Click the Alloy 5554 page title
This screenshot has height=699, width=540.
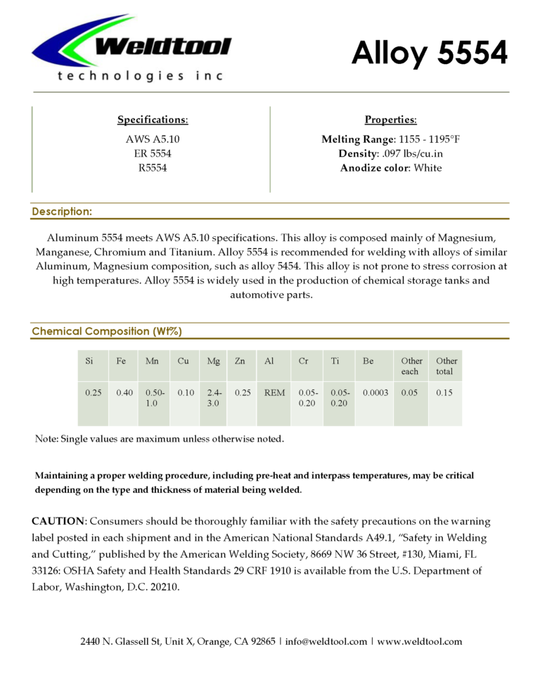[429, 53]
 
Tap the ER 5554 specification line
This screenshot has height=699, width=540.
[153, 153]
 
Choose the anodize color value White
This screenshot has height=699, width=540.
[427, 167]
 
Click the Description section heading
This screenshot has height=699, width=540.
[62, 211]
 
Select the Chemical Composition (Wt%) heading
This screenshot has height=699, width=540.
[107, 331]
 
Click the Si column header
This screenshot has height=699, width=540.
[89, 361]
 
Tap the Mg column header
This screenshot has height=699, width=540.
[213, 361]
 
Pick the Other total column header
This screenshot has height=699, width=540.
[446, 366]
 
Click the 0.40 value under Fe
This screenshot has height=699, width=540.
[122, 393]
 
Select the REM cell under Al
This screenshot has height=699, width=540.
[274, 393]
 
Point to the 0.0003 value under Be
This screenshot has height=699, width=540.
[375, 393]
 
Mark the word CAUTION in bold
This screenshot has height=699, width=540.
[58, 521]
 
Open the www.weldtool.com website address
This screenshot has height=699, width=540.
[420, 641]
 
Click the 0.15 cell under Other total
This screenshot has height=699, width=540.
[444, 393]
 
